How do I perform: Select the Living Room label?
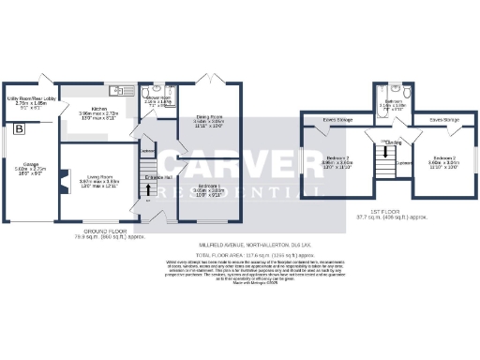94,175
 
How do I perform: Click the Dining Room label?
208,117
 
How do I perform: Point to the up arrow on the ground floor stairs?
147,198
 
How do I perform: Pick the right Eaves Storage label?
443,120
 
